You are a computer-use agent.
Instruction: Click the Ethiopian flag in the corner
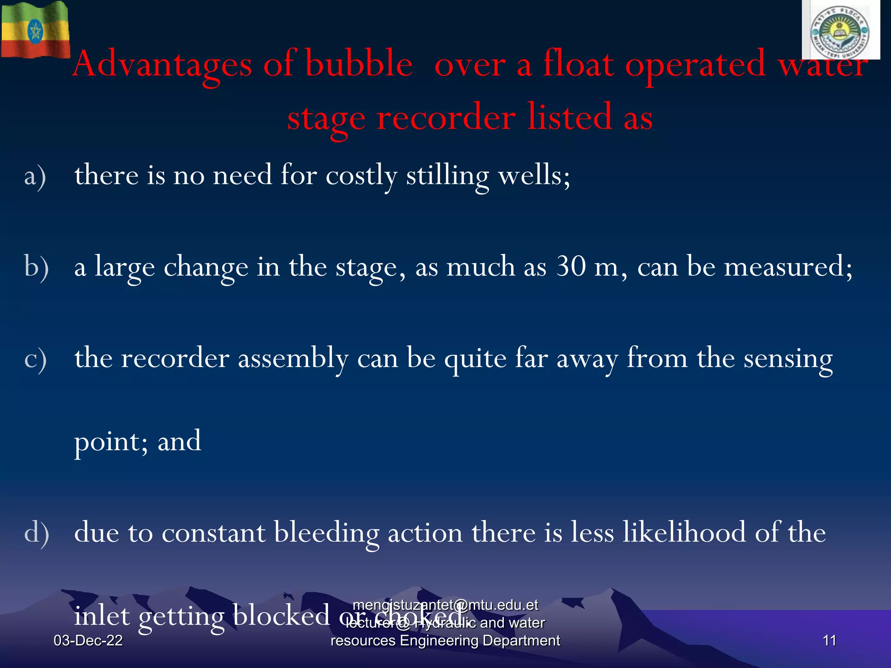(35, 30)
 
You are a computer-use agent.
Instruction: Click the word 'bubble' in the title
(359, 64)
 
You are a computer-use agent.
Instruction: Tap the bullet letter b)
(36, 267)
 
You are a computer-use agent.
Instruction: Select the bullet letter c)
(35, 359)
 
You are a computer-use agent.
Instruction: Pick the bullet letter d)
(36, 533)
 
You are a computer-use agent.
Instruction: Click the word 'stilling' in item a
(448, 176)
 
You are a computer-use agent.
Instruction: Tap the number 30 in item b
(571, 266)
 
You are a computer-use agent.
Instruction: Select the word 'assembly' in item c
(293, 358)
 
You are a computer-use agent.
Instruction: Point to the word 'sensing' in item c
(788, 359)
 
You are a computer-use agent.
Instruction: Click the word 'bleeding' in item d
(326, 533)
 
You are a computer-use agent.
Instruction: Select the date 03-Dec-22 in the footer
(88, 641)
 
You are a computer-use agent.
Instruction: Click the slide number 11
(829, 641)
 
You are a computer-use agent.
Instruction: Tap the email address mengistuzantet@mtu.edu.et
(445, 605)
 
